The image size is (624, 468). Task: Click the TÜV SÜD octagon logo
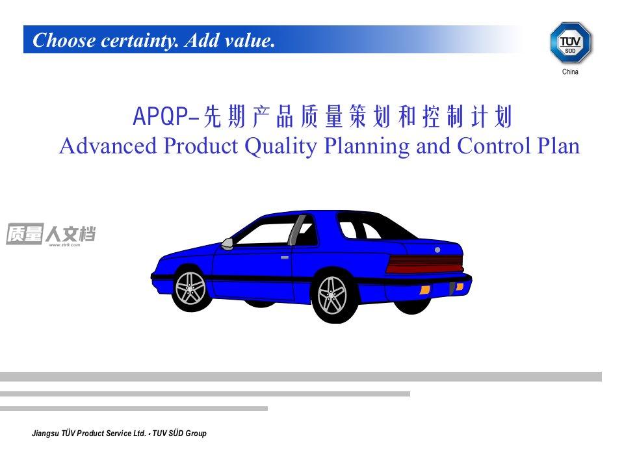571,42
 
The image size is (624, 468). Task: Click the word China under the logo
570,72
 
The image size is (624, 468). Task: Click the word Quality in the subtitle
281,146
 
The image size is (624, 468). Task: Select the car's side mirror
227,244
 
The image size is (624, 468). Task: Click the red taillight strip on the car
425,264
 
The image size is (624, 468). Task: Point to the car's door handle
285,257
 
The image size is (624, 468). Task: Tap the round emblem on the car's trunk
437,250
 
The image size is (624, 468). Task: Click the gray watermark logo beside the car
51,235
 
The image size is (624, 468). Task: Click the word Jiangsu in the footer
45,434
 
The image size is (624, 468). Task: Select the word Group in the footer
196,434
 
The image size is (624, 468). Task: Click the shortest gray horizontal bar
134,408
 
